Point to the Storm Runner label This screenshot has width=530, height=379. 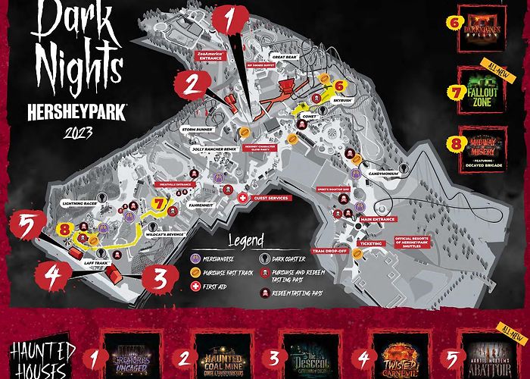point(199,129)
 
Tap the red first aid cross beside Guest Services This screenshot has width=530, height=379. point(242,198)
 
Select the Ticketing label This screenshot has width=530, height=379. point(371,244)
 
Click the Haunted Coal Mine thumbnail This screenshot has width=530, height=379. point(226,355)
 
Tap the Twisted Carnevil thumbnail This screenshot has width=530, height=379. point(398,355)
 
